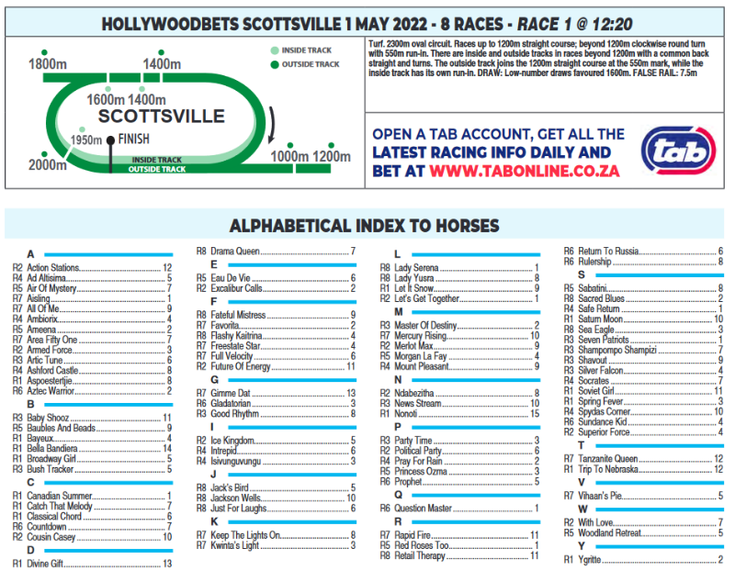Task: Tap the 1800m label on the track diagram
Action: tap(48, 64)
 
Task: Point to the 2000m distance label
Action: tap(47, 165)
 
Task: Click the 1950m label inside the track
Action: tap(88, 140)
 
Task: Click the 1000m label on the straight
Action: tap(290, 156)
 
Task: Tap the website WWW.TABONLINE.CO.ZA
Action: tap(523, 171)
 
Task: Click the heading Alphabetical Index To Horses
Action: tap(364, 226)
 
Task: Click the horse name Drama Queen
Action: tap(236, 251)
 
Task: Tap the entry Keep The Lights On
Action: tap(245, 535)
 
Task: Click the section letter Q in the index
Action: tap(397, 494)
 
